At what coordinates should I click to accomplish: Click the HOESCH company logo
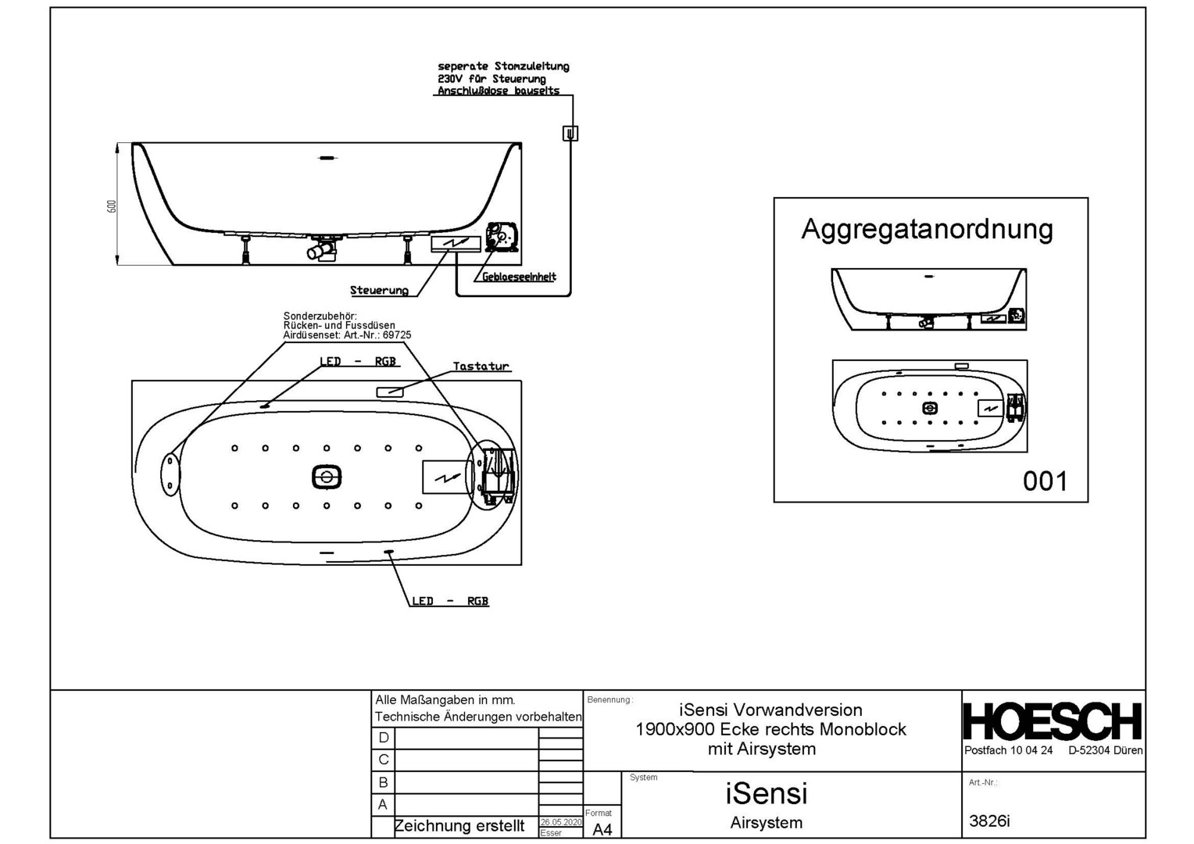click(x=1052, y=721)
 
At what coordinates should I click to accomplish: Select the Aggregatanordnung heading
click(x=927, y=229)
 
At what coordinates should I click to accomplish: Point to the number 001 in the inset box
click(x=1045, y=481)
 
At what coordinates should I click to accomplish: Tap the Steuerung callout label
click(x=379, y=291)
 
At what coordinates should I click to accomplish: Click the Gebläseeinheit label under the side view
click(x=519, y=277)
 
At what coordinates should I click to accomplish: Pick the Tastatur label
click(x=481, y=366)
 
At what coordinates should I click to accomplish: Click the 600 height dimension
click(x=112, y=206)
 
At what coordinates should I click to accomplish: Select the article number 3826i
click(x=989, y=821)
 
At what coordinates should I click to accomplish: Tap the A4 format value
click(x=602, y=829)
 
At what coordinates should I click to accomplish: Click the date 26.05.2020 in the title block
click(x=560, y=822)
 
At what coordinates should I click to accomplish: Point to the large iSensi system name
click(x=766, y=793)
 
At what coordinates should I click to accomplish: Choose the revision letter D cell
click(x=383, y=738)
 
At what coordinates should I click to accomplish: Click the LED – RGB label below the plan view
click(x=450, y=601)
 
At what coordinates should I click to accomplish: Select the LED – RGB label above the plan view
click(x=357, y=362)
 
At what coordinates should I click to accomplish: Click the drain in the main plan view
click(x=327, y=477)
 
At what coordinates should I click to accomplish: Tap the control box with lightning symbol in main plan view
click(x=446, y=477)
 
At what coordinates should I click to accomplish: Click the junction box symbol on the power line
click(x=570, y=134)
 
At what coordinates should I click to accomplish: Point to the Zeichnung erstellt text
click(x=459, y=826)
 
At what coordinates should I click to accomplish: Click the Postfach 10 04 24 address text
click(x=1008, y=750)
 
